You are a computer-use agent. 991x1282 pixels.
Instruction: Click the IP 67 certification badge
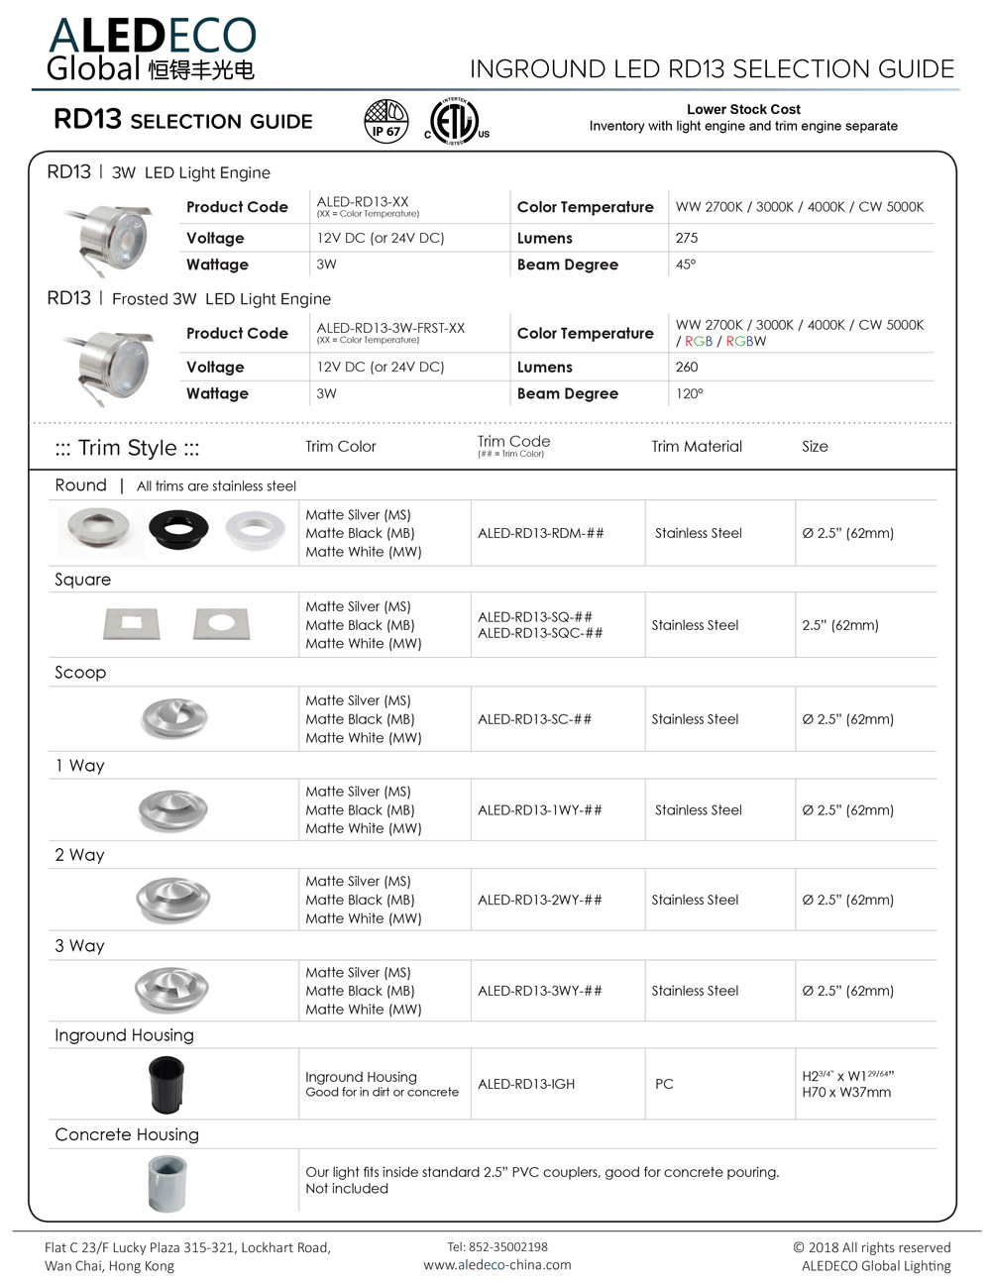point(386,121)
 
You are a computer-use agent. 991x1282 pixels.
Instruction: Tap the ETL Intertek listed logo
point(455,122)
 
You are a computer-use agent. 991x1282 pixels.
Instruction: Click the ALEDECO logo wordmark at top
point(153,37)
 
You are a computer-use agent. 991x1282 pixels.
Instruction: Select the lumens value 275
point(687,238)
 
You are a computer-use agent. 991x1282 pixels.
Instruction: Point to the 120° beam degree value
point(690,393)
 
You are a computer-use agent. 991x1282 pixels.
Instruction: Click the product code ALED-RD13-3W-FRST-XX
point(390,328)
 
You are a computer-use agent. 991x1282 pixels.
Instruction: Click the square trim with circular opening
point(222,623)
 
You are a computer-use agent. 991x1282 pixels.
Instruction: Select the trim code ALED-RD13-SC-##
point(534,719)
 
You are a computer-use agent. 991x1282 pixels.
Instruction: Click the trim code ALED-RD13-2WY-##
point(539,900)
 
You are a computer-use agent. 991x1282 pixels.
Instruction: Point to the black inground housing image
point(166,1084)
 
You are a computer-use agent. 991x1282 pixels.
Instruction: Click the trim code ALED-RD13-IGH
point(526,1084)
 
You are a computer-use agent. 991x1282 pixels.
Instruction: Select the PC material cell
point(664,1084)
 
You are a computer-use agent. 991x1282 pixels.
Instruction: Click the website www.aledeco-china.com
point(496,1264)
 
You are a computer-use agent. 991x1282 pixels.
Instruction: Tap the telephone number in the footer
point(496,1246)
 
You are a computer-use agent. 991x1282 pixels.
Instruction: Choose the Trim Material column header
point(697,447)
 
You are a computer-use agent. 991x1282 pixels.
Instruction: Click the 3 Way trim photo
point(171,989)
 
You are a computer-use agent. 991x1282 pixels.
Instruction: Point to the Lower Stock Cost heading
point(743,109)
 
